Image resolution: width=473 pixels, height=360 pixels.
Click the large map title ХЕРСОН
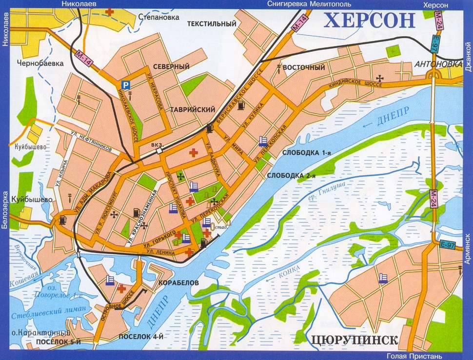[x=369, y=21]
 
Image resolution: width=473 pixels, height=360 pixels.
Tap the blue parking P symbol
[x=126, y=84]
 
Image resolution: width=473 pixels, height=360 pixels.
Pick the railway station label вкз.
[x=158, y=144]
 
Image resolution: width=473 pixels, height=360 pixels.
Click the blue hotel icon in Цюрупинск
[x=385, y=277]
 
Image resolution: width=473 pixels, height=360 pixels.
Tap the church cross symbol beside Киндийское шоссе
[x=380, y=78]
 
